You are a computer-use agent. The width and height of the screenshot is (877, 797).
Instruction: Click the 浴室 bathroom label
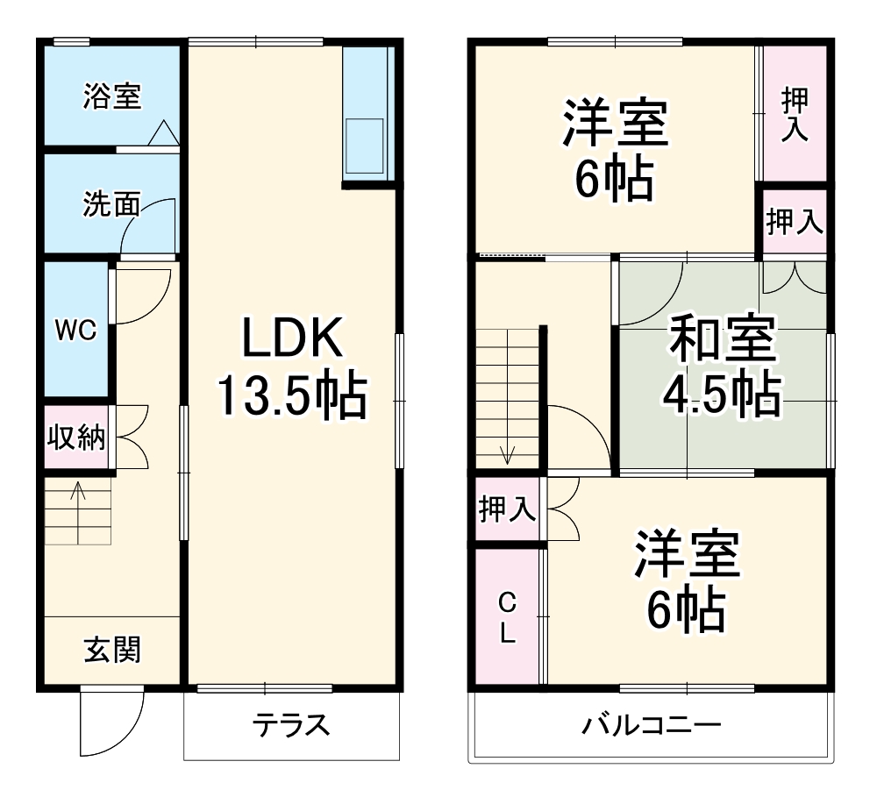111,96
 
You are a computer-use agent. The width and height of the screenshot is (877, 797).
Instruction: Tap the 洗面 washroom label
111,204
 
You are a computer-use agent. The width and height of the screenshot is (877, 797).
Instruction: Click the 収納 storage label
76,437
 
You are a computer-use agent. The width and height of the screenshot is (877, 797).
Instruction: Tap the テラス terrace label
291,725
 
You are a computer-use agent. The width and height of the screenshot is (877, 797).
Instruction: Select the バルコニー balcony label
652,725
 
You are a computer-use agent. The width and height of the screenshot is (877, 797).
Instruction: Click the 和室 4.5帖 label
722,366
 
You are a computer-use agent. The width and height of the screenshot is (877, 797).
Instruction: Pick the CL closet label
507,617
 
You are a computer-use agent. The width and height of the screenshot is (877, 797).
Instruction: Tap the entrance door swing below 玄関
110,723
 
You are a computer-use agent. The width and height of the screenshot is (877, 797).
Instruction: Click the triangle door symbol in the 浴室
164,133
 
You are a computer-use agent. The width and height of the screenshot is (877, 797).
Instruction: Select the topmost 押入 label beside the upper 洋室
795,114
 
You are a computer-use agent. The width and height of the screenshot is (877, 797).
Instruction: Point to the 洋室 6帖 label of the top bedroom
615,151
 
